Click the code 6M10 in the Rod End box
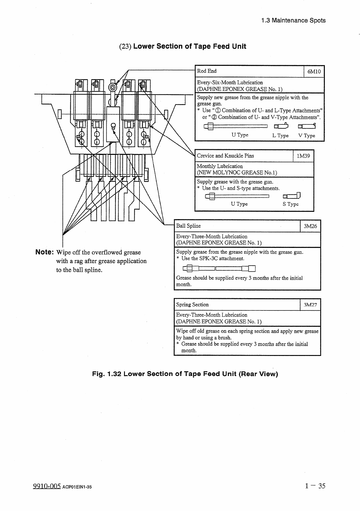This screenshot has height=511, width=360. coord(314,72)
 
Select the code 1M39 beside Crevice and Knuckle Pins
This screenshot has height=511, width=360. coord(303,156)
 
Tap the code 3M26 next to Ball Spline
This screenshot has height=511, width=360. coord(310,226)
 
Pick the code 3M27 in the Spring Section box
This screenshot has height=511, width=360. coord(310,305)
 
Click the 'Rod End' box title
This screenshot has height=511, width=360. coord(207,71)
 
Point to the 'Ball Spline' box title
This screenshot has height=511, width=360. coord(188,226)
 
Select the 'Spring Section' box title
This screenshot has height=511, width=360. coord(192,305)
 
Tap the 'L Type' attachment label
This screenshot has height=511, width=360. coord(280,136)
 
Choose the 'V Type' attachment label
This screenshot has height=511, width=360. coord(307,136)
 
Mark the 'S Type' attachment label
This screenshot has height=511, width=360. coord(291,204)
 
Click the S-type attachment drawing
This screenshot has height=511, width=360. coord(291,196)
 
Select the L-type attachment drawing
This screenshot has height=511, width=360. coord(281,126)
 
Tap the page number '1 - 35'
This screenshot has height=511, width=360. coord(315,486)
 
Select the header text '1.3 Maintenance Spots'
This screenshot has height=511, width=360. coord(293,21)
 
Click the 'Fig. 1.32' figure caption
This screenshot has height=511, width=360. coord(185,374)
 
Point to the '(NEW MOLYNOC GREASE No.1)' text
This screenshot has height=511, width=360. coord(237,173)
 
